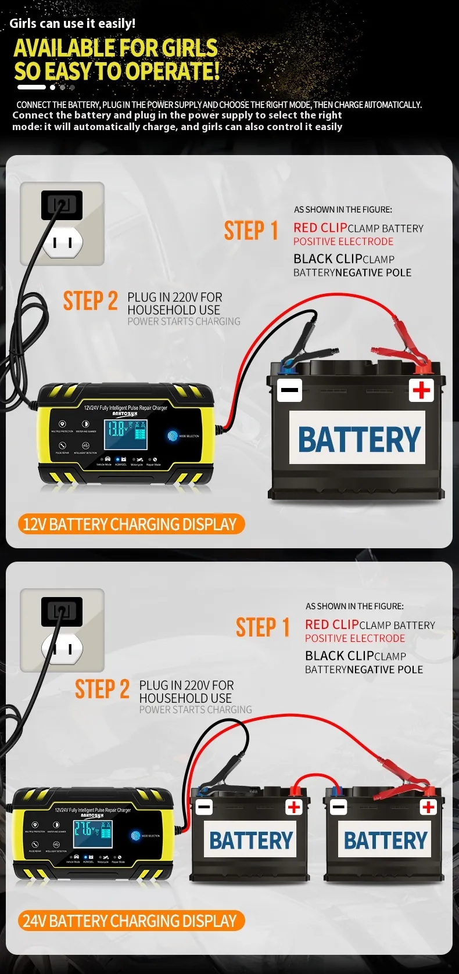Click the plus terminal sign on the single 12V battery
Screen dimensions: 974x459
tap(421, 390)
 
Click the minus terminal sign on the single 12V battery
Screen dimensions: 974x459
tap(289, 390)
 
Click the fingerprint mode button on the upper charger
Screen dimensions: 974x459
tap(173, 435)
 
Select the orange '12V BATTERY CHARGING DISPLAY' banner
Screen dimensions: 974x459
tap(130, 524)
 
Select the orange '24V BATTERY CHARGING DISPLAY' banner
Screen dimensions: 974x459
tap(130, 921)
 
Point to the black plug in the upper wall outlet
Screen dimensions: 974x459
tap(62, 204)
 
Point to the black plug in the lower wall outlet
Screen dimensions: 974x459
tap(62, 611)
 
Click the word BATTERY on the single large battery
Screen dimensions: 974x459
tap(358, 439)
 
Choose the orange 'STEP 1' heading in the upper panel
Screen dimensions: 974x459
tap(251, 231)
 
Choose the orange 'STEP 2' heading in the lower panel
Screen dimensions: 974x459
tap(102, 689)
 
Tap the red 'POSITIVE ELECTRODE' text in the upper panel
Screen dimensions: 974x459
tap(343, 242)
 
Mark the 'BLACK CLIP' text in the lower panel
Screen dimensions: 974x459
tap(339, 656)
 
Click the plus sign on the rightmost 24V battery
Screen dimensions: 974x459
tap(429, 807)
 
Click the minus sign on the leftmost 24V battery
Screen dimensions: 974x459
tap(204, 807)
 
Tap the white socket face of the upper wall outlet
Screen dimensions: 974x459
tap(63, 242)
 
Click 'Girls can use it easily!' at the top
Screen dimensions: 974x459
tap(73, 23)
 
